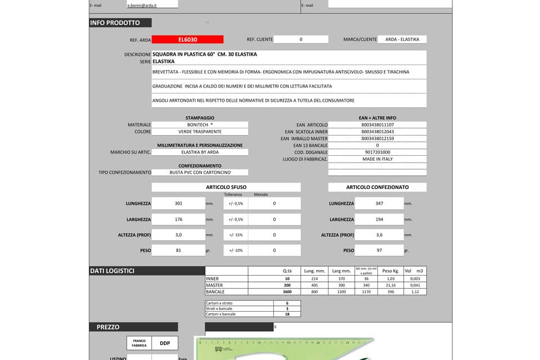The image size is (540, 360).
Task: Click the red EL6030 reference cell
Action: tap(187, 39)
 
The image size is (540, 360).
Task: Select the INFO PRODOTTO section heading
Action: tap(115, 23)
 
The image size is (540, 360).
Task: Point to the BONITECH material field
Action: tap(200, 124)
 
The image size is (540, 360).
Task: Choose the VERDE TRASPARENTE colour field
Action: tap(200, 132)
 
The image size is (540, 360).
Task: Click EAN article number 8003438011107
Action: tap(377, 124)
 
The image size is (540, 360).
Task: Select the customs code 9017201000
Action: tap(377, 152)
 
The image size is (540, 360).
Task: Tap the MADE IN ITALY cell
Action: tap(377, 159)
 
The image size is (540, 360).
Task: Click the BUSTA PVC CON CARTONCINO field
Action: tap(200, 173)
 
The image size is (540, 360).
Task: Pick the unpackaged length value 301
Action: tap(178, 204)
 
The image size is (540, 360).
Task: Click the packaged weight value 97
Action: tap(379, 250)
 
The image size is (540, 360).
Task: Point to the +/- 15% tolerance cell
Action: tap(235, 235)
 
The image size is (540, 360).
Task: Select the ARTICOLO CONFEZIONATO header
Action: tap(377, 187)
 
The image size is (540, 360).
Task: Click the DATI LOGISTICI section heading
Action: tap(112, 271)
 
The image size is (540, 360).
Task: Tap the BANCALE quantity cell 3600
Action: tap(287, 292)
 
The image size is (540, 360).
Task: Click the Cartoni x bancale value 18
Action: tap(287, 314)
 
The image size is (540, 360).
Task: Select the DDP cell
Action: tap(165, 343)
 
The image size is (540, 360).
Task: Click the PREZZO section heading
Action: tap(108, 327)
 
